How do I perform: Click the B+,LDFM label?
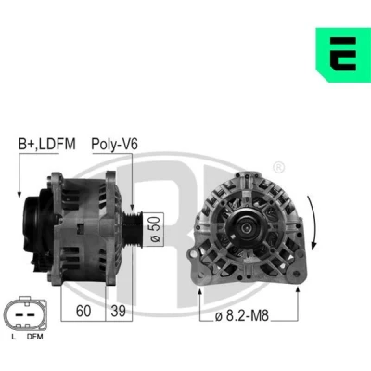47,144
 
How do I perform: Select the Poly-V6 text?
114,144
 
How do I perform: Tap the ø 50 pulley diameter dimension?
156,230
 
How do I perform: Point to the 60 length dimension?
83,311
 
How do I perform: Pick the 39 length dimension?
118,311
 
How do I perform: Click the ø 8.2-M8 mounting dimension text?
242,316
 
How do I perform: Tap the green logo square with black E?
343,55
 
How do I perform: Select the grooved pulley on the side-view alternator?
133,229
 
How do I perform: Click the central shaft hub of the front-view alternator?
246,228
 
